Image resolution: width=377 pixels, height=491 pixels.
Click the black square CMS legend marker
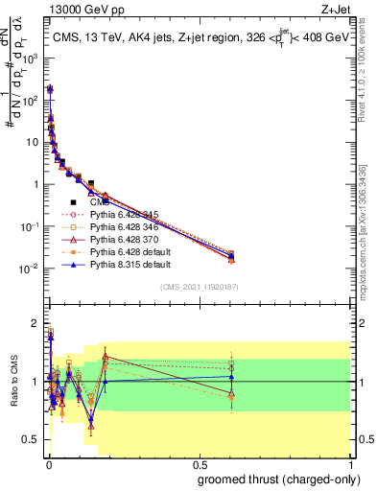tap(74, 202)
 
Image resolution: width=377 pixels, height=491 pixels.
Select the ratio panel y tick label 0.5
tap(31, 440)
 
